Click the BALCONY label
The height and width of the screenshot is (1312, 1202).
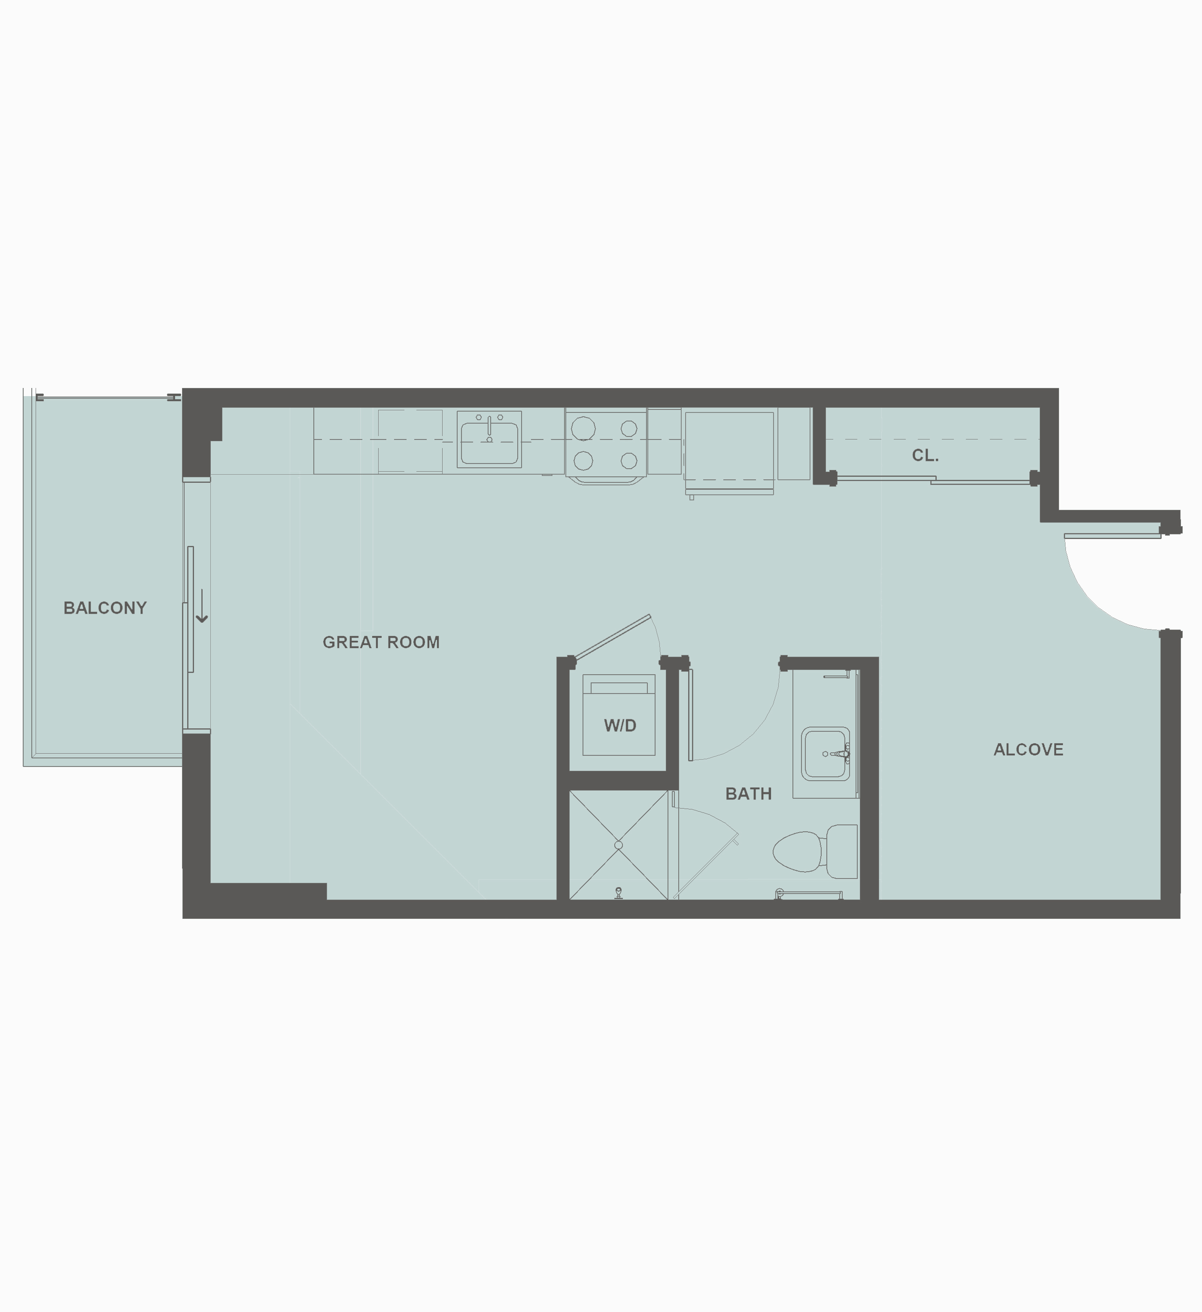tap(105, 608)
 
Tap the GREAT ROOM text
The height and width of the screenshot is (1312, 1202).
tap(381, 642)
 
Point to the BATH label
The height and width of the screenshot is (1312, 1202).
tap(748, 794)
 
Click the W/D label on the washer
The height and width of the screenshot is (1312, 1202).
tap(619, 726)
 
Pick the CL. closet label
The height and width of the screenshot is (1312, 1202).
tap(925, 455)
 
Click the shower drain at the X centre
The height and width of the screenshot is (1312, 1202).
tap(618, 845)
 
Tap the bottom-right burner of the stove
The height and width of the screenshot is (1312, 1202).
tap(628, 461)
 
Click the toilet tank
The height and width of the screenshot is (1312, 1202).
tap(842, 851)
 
